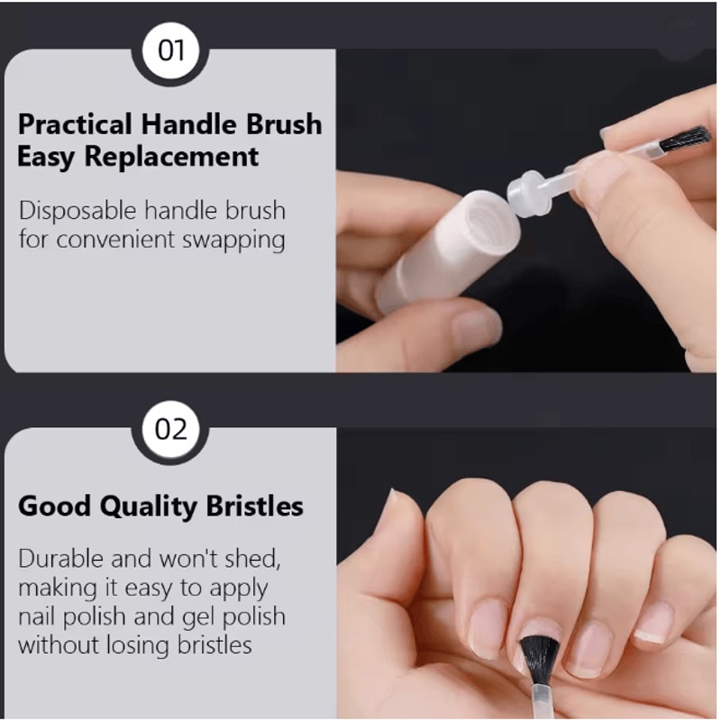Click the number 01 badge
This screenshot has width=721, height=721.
(x=170, y=49)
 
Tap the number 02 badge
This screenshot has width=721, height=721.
(x=170, y=428)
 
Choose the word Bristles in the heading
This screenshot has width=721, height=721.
(x=251, y=507)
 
